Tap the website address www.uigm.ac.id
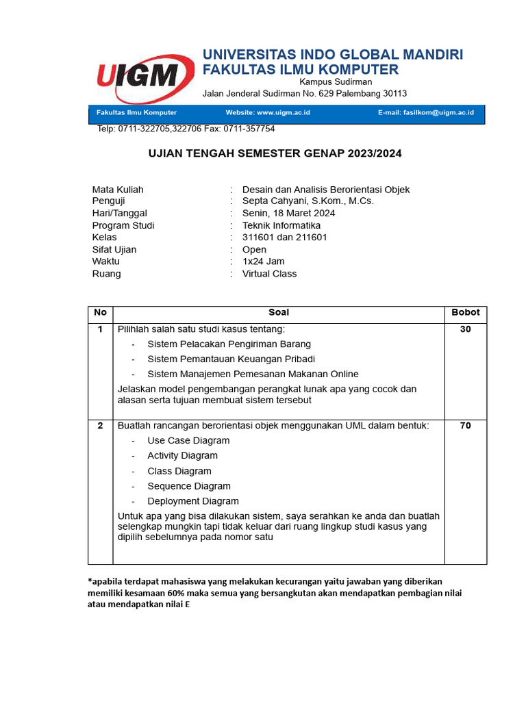click(284, 112)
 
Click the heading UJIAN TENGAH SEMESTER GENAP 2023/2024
click(275, 153)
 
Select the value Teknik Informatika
click(281, 225)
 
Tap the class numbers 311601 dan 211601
click(285, 238)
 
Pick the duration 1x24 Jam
click(264, 262)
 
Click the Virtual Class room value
click(270, 274)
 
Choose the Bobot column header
click(466, 312)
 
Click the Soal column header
click(279, 312)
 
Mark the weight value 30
click(466, 329)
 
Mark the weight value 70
click(466, 426)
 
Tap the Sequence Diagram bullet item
click(189, 486)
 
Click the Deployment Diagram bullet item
click(193, 501)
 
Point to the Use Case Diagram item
click(188, 441)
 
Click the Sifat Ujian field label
click(114, 250)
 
